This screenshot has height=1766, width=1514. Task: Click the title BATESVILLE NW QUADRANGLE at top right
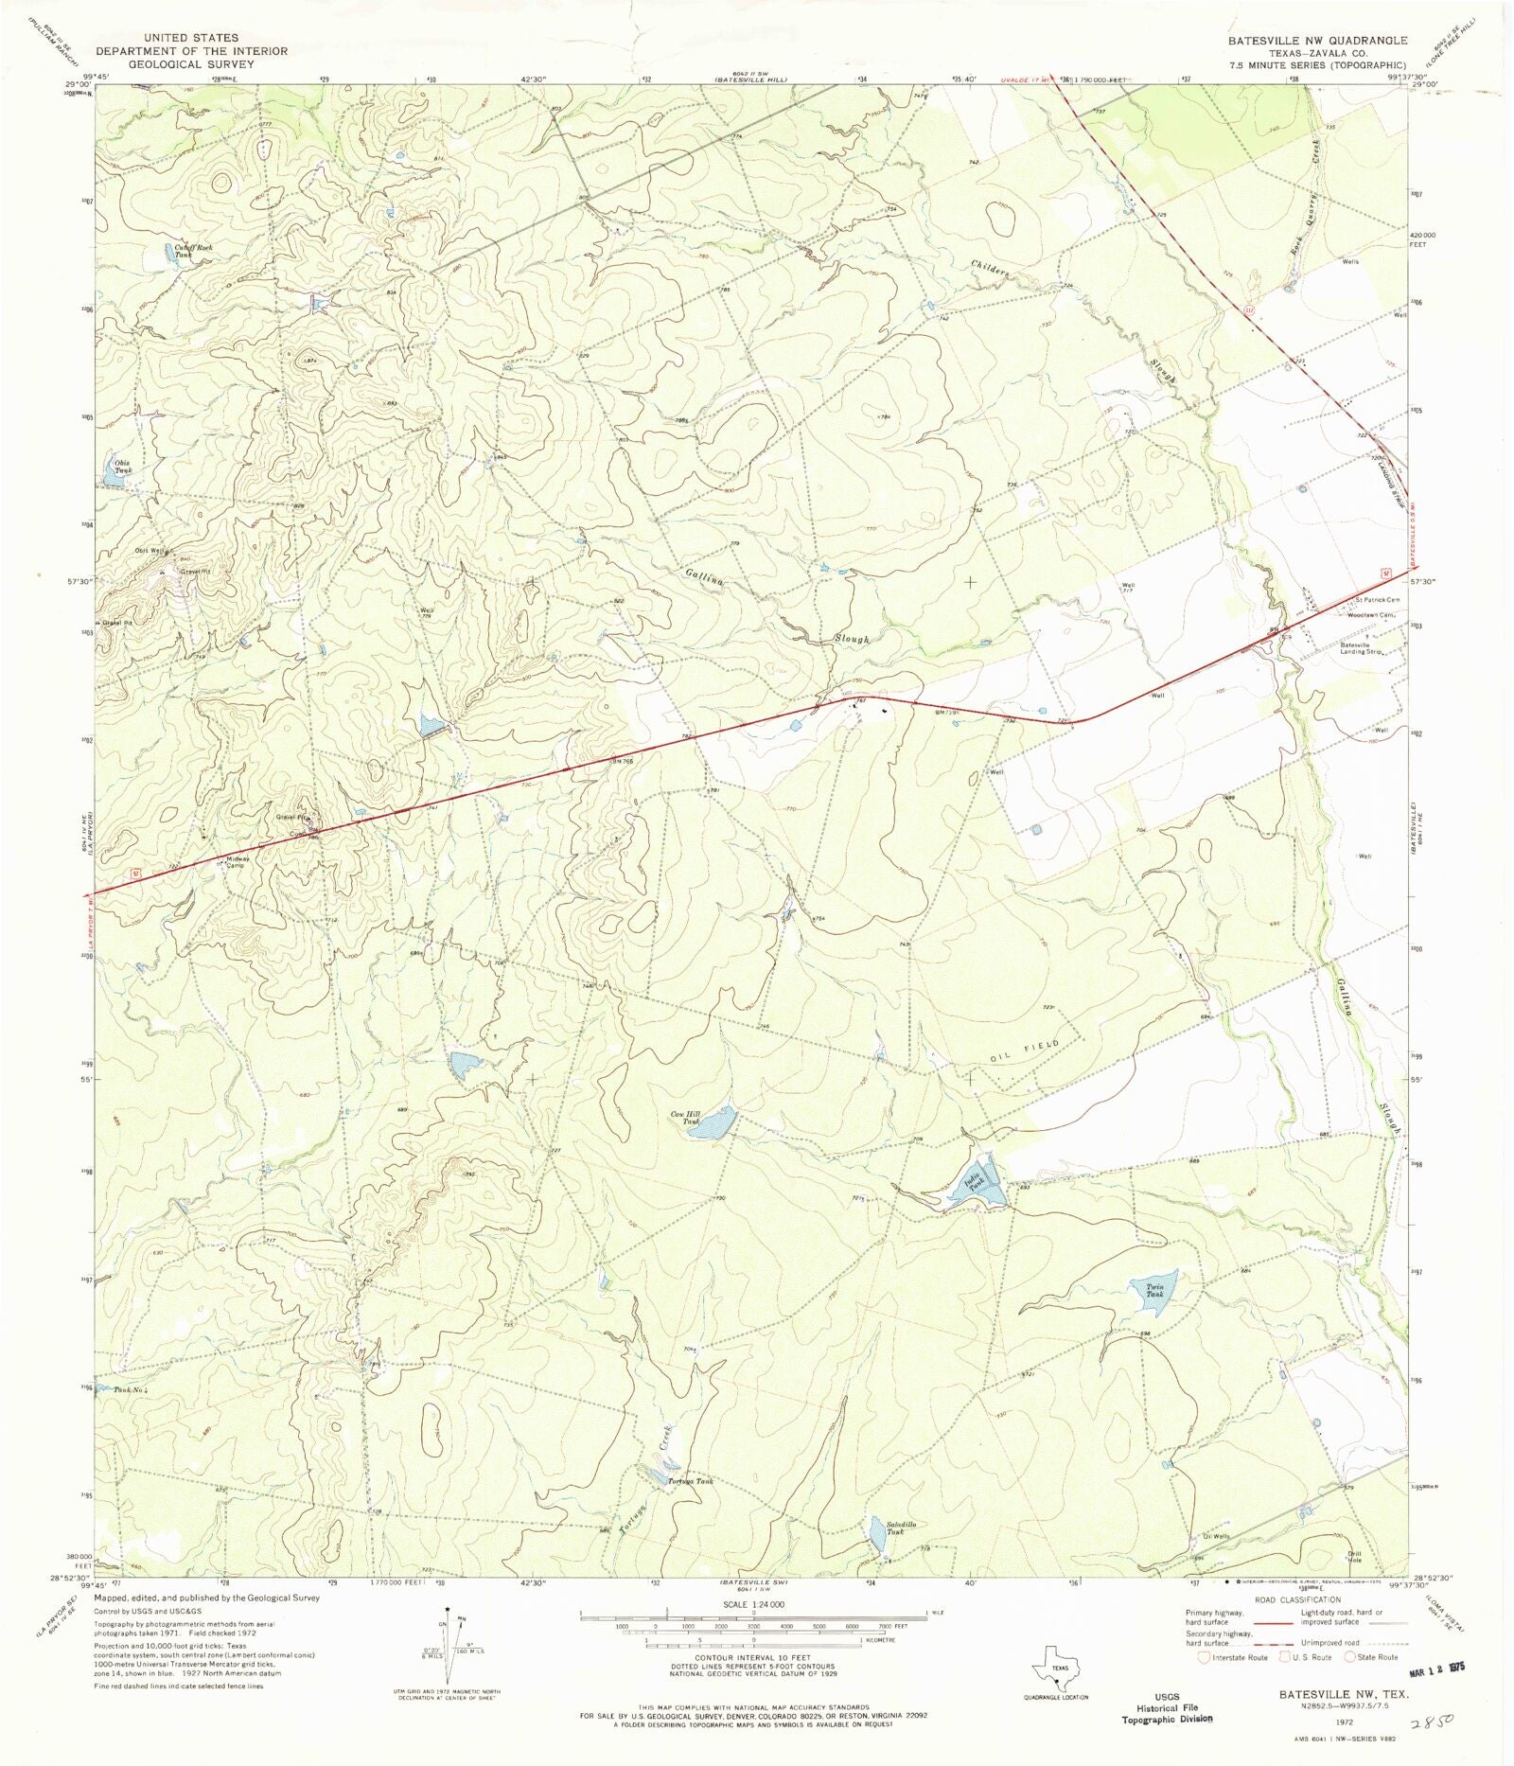point(1317,41)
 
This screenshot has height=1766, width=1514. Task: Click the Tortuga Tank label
point(690,1480)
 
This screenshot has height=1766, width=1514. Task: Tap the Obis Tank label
point(124,466)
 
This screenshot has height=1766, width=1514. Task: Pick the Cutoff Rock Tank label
point(193,251)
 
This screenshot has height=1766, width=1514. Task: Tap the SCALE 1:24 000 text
point(753,1605)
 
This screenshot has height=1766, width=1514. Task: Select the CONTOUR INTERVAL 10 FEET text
point(753,1657)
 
